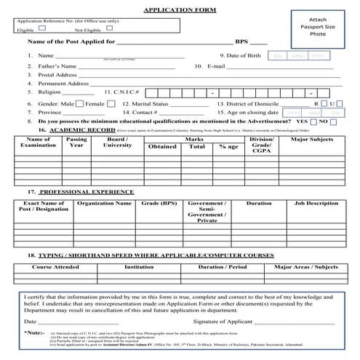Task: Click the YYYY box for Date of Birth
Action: [x=317, y=55]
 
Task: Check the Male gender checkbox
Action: [x=79, y=103]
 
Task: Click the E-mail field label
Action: [x=216, y=65]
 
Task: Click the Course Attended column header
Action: [x=50, y=266]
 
